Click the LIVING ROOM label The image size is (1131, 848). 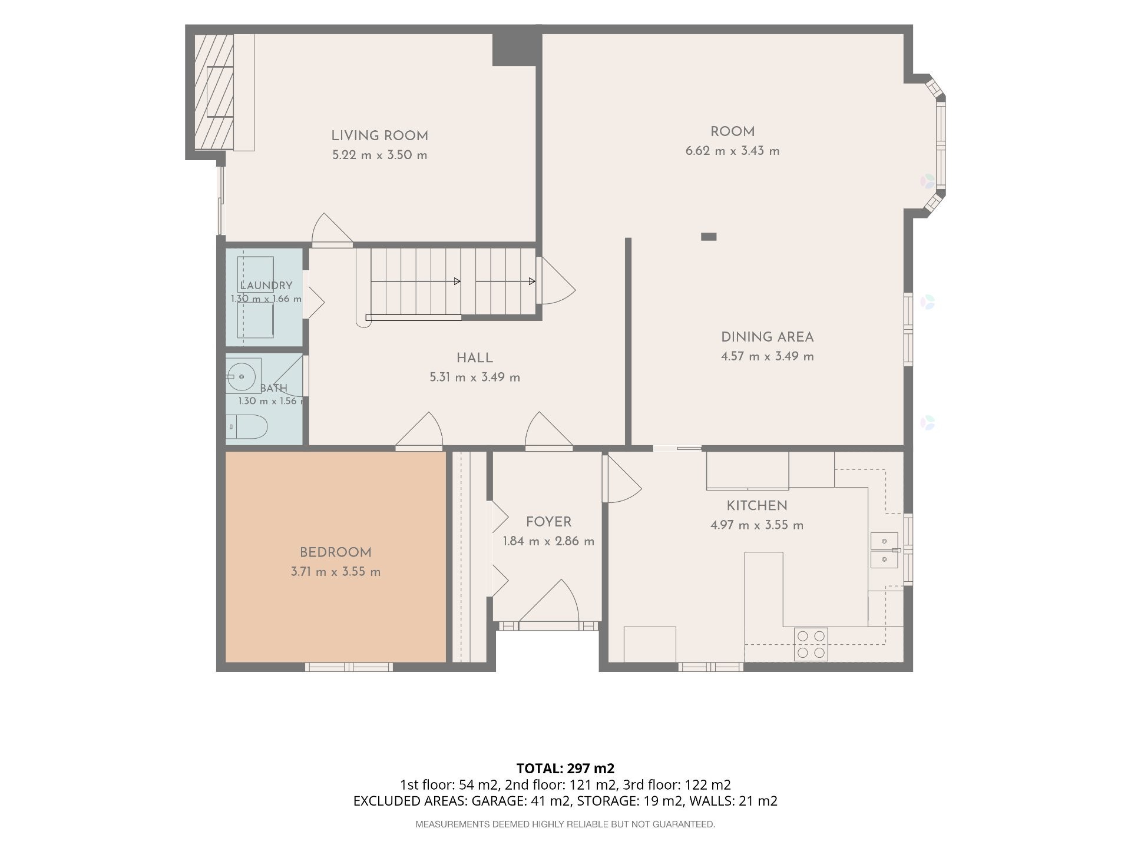[379, 136]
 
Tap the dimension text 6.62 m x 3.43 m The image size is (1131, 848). [732, 151]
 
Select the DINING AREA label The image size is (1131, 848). [768, 337]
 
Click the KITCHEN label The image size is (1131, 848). [757, 506]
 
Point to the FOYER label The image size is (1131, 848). [548, 522]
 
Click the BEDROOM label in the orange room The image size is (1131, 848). [336, 553]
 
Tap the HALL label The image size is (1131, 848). [475, 358]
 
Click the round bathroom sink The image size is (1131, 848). [241, 375]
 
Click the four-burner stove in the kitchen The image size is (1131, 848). [811, 644]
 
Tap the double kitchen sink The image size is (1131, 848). [885, 550]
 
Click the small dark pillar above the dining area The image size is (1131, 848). [709, 237]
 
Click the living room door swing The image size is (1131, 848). [332, 228]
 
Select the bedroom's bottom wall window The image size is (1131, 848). [349, 667]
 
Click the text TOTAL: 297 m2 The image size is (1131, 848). [565, 768]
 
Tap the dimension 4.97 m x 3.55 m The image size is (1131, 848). [757, 525]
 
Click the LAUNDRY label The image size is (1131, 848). [266, 286]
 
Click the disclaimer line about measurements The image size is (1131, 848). [565, 824]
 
